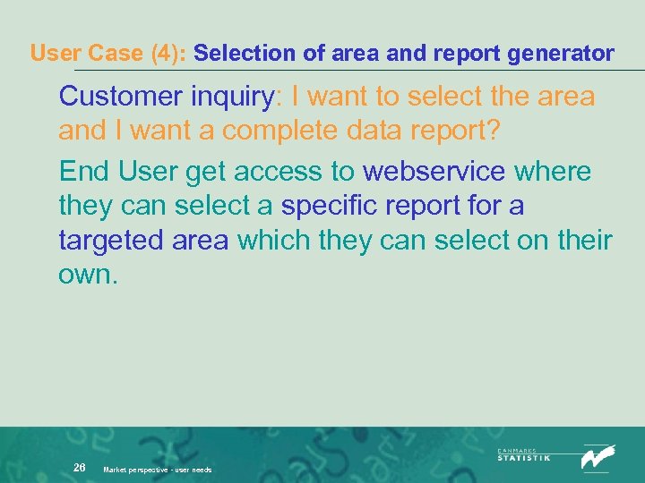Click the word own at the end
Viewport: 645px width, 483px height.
click(x=87, y=275)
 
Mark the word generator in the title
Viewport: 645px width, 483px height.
click(x=560, y=54)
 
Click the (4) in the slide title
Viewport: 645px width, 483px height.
click(x=168, y=54)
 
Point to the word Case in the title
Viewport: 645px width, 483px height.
click(x=121, y=54)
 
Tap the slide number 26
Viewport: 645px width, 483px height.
click(x=80, y=468)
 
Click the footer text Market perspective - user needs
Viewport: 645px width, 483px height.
click(x=158, y=470)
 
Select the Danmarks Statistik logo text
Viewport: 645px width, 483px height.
click(x=524, y=455)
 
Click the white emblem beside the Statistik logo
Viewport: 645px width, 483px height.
click(x=598, y=456)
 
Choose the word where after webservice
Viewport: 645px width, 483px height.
click(x=555, y=171)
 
